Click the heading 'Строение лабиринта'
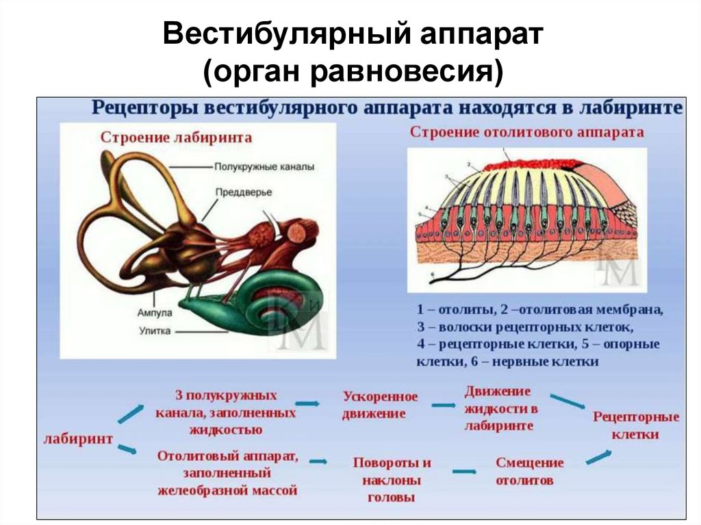pos(176,138)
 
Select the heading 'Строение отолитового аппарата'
pos(526,133)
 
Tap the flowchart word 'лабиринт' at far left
pos(78,439)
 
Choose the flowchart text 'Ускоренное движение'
pos(380,405)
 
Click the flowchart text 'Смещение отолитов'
pos(529,471)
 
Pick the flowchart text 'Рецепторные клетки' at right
pos(636,425)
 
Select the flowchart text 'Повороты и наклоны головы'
pos(392,479)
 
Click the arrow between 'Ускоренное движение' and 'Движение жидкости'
pos(443,405)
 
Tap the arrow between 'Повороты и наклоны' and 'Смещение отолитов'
pos(463,471)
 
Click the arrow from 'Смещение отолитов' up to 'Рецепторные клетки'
pos(599,457)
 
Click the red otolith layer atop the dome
pos(527,165)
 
